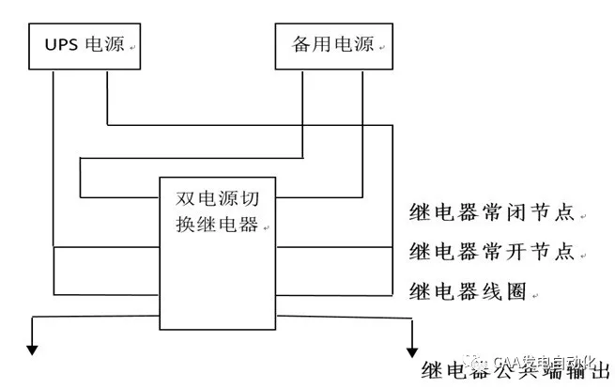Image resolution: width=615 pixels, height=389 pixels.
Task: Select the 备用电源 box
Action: pos(333,46)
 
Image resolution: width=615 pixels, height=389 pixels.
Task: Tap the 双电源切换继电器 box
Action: pos(218,254)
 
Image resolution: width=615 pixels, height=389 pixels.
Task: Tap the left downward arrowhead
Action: pos(33,350)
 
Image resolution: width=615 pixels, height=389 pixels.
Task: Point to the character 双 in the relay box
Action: pos(186,200)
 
